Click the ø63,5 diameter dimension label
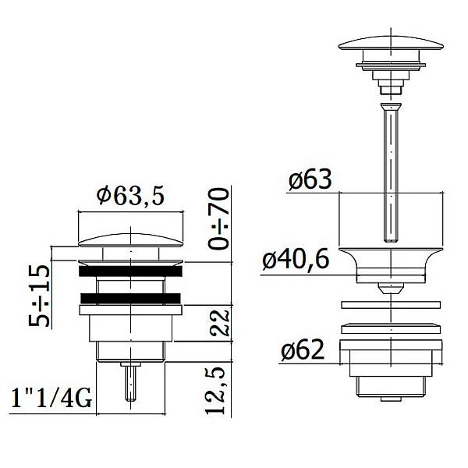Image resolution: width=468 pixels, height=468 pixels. pyautogui.click(x=130, y=196)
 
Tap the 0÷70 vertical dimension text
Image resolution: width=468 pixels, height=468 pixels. pyautogui.click(x=218, y=218)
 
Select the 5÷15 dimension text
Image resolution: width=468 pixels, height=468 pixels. pyautogui.click(x=39, y=296)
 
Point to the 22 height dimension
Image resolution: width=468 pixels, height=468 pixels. pyautogui.click(x=220, y=323)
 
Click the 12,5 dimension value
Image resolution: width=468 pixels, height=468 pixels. pyautogui.click(x=215, y=390)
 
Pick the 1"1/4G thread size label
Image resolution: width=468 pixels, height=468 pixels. pyautogui.click(x=51, y=399)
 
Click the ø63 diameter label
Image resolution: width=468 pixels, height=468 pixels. pyautogui.click(x=310, y=179)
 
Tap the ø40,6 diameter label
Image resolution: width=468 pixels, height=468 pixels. pyautogui.click(x=296, y=259)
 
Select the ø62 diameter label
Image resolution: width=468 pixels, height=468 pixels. pyautogui.click(x=303, y=349)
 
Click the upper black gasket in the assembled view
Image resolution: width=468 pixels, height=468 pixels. pyautogui.click(x=130, y=271)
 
